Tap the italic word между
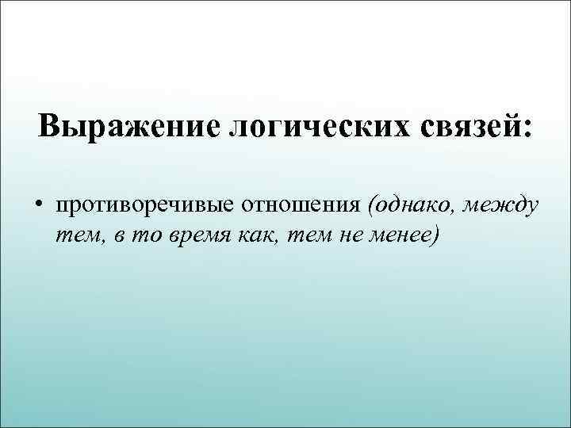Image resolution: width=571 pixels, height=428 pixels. tap(504, 206)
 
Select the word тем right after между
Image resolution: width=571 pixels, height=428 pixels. tap(76, 236)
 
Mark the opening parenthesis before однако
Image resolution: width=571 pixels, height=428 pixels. tap(371, 206)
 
